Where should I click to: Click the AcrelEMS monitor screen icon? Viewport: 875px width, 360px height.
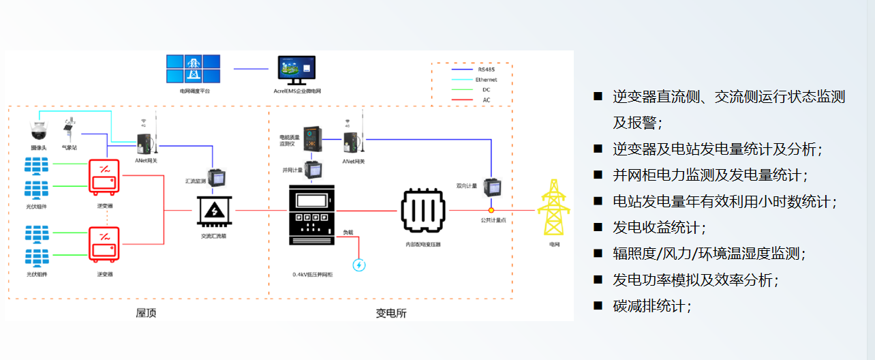click(x=296, y=69)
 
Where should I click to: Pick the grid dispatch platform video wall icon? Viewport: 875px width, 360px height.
click(x=194, y=69)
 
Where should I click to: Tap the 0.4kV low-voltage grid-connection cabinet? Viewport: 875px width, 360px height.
click(x=311, y=214)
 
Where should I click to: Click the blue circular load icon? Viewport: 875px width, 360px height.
click(x=359, y=265)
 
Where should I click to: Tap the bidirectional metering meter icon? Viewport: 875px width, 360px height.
click(x=491, y=187)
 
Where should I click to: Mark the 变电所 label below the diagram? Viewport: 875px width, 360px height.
click(x=391, y=313)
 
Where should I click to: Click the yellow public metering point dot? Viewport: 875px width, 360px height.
click(x=491, y=211)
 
